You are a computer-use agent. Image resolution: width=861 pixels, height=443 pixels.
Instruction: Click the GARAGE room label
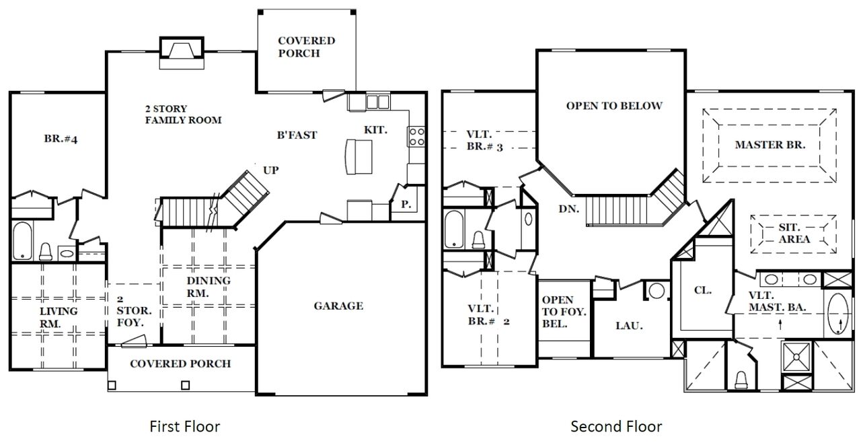tap(338, 306)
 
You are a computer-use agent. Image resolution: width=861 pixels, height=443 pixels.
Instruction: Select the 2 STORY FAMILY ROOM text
tap(183, 114)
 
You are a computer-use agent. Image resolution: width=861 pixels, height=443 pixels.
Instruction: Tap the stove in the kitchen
tap(416, 137)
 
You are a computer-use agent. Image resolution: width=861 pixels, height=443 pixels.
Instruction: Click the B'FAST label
tap(297, 135)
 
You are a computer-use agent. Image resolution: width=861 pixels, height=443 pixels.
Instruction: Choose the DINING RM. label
tap(208, 287)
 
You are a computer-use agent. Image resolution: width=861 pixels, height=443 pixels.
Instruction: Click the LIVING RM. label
tap(58, 317)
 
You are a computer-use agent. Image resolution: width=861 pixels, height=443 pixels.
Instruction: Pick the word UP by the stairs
tap(271, 170)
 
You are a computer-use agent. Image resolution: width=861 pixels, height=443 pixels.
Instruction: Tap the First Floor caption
tap(184, 426)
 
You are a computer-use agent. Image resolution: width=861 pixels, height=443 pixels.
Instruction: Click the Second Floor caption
tap(615, 426)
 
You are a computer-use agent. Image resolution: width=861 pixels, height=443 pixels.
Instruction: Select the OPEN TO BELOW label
tap(613, 106)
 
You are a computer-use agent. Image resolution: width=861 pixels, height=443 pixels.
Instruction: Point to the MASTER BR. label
tap(769, 145)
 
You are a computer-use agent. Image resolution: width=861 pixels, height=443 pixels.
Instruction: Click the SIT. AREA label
tap(794, 233)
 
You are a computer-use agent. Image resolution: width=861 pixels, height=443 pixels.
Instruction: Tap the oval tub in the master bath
tap(837, 313)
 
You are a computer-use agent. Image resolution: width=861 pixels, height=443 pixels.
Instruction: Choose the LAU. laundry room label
tap(630, 326)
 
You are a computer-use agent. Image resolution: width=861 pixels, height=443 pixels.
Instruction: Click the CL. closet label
tap(702, 290)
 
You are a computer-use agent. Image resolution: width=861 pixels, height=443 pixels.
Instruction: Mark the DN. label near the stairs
tap(568, 209)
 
